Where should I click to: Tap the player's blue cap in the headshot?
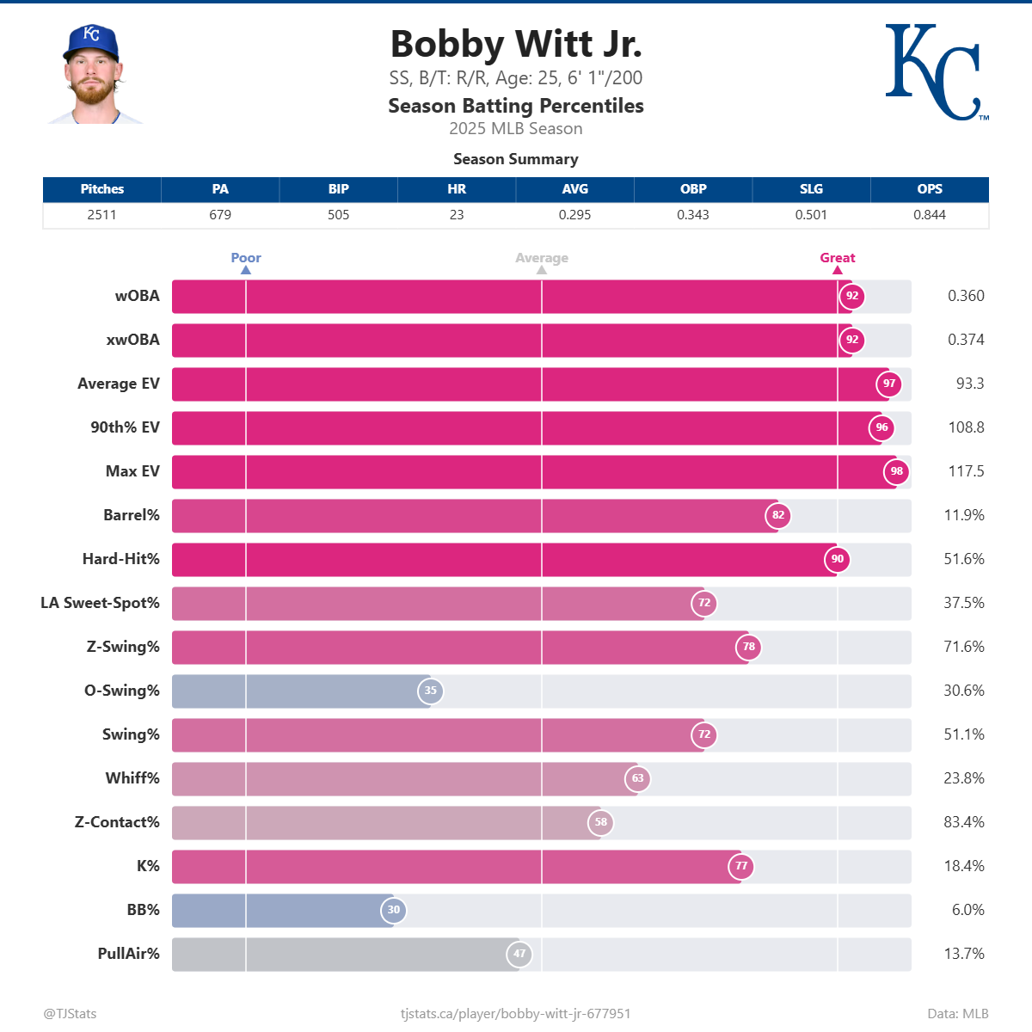(90, 41)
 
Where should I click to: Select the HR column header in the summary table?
(457, 189)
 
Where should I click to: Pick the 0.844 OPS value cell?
(929, 215)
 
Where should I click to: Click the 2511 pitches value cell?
(101, 215)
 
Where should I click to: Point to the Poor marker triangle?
(246, 270)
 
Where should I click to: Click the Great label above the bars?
(837, 258)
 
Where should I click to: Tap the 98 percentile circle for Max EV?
(896, 471)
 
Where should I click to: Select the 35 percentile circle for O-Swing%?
(430, 691)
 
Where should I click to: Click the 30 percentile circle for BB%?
(393, 910)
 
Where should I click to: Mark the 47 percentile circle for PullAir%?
(519, 954)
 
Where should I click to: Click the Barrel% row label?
(132, 515)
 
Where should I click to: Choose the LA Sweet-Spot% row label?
(100, 603)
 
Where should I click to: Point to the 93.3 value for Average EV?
(969, 384)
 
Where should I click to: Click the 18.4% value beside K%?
(963, 866)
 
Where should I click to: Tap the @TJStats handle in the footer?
(70, 1014)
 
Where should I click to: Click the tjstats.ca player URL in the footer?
(515, 1014)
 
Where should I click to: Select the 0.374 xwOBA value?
(965, 340)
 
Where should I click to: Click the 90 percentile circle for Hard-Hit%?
(837, 559)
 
